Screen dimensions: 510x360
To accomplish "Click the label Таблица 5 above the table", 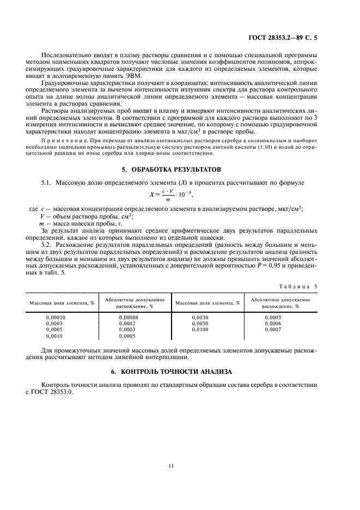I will click(x=308, y=286).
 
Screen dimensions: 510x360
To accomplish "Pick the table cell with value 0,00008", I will click(x=127, y=317).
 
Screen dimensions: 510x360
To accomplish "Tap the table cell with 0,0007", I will click(x=274, y=330).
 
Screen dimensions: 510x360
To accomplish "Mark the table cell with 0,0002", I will click(x=127, y=323).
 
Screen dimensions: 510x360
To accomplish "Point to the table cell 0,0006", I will click(x=274, y=323).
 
